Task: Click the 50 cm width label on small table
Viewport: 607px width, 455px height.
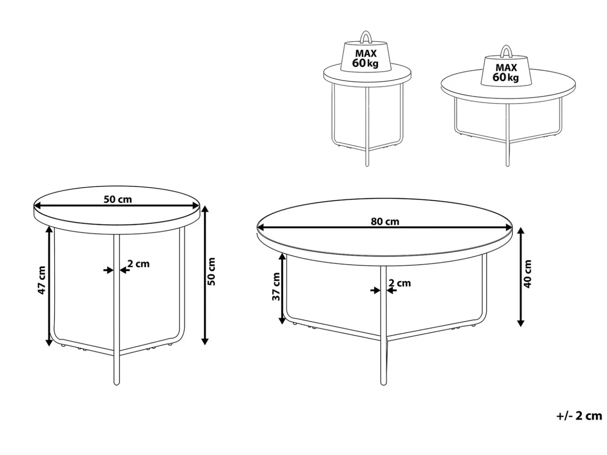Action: click(118, 199)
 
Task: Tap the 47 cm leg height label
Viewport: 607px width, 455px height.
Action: click(42, 280)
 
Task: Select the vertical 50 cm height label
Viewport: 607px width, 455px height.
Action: click(211, 271)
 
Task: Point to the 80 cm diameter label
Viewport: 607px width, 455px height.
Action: click(385, 221)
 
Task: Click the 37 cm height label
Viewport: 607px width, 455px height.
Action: click(276, 287)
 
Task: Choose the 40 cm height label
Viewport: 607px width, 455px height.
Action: click(528, 274)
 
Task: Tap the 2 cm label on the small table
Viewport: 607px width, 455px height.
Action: click(138, 264)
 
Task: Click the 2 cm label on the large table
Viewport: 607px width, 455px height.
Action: click(400, 283)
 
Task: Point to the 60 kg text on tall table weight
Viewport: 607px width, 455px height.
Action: click(365, 63)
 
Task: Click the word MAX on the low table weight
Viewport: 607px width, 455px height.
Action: click(506, 67)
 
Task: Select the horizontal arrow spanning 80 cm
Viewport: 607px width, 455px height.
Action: click(385, 228)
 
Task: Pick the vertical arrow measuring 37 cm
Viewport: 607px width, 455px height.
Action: click(282, 288)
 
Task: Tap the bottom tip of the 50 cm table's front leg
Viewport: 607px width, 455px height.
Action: click(116, 384)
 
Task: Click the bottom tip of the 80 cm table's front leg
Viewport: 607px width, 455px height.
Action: click(383, 384)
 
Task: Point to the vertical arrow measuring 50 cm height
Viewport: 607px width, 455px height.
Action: click(205, 275)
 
